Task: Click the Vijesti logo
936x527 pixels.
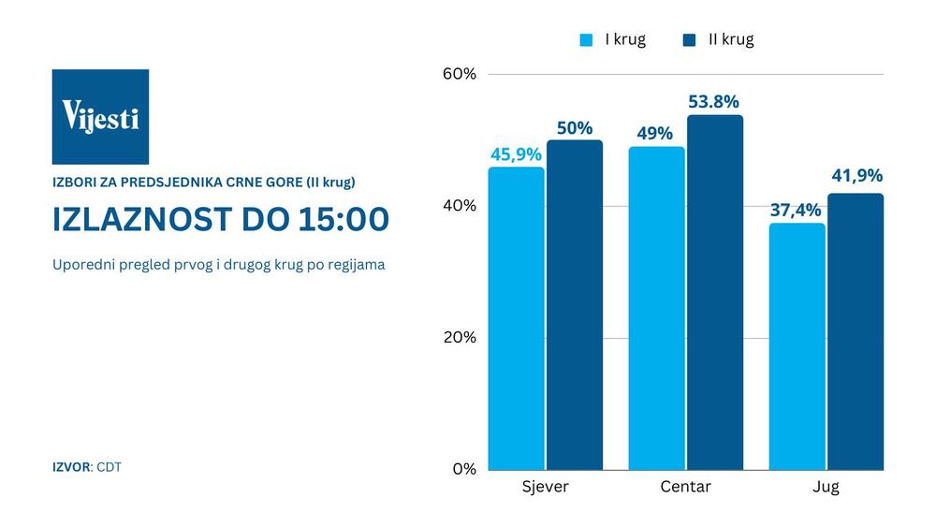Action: [100, 116]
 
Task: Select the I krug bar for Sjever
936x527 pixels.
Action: [516, 318]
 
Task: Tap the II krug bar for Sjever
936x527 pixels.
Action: [575, 305]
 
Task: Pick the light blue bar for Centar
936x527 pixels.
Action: [656, 308]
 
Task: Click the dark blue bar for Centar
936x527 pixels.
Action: [715, 292]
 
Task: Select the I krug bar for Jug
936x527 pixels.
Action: [797, 346]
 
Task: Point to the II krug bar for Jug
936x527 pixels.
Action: [856, 331]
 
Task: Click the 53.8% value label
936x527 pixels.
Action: [713, 102]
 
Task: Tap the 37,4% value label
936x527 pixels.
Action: [796, 210]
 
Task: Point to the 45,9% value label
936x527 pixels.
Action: [516, 154]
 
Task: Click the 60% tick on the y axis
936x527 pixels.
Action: [460, 74]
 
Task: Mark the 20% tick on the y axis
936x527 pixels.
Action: [460, 338]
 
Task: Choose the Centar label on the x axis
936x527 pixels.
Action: [685, 487]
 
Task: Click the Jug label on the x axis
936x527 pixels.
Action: [826, 487]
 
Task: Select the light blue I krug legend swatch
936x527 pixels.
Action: [587, 39]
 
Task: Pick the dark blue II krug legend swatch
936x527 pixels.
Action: [690, 39]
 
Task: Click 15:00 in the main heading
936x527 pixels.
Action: [342, 219]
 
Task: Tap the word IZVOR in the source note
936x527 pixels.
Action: [71, 466]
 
